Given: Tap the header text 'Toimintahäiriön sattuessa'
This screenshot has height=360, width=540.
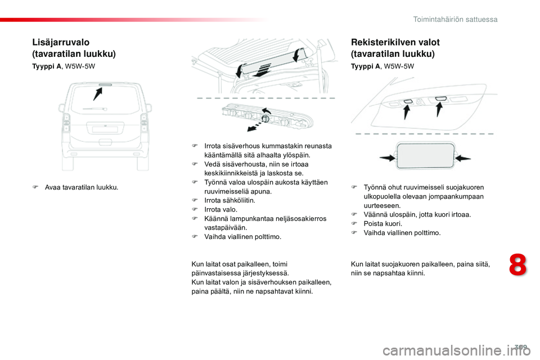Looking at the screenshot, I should click(455, 19).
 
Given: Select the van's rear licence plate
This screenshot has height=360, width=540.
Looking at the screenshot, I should click(105, 129).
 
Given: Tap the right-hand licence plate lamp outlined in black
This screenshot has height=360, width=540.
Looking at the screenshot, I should click(441, 99).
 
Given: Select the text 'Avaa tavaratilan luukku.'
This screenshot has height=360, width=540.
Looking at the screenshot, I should click(82, 187).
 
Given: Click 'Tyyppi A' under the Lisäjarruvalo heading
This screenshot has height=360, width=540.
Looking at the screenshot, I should click(48, 66).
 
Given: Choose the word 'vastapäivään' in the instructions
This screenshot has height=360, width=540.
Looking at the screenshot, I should click(223, 228).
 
